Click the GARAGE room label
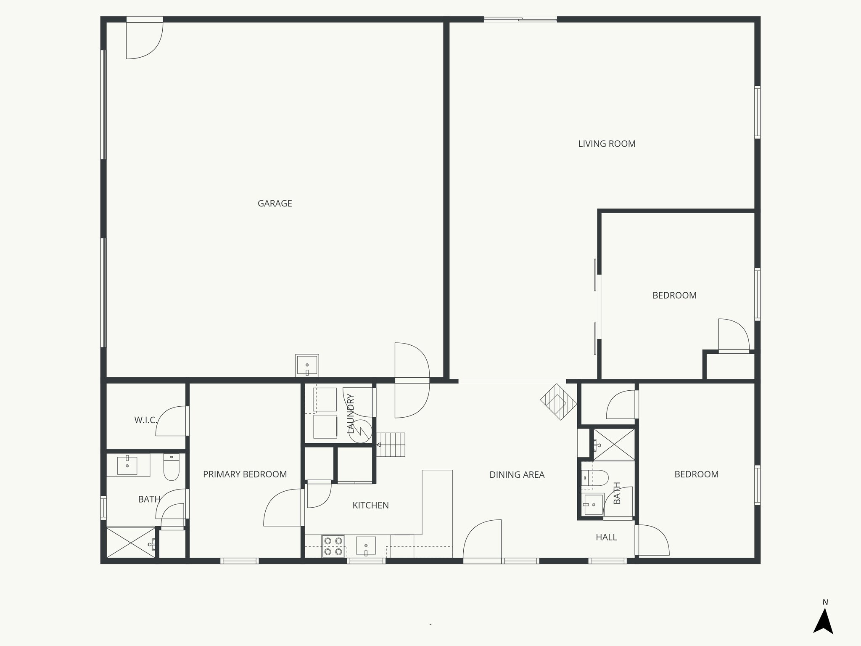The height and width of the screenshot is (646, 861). tap(275, 204)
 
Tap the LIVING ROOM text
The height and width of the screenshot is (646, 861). tap(607, 144)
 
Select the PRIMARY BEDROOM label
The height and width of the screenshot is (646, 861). tap(245, 474)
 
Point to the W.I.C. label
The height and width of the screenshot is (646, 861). tap(145, 420)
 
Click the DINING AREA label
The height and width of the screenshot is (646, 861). tap(517, 475)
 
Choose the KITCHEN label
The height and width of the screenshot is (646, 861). tap(370, 506)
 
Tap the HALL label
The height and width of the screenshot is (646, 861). tap(606, 537)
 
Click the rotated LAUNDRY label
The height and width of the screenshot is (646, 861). tap(351, 413)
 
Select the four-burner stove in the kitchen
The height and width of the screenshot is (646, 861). tap(333, 546)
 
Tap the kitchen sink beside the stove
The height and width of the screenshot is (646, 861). tap(366, 546)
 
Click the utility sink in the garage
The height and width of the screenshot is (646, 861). tap(307, 365)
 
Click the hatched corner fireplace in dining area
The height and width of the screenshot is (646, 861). tap(558, 402)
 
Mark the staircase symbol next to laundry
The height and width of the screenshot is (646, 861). tap(391, 445)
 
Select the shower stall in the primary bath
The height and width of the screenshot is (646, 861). tap(130, 543)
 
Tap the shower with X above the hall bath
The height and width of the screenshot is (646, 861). tap(613, 444)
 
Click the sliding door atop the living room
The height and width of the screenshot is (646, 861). tap(520, 19)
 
